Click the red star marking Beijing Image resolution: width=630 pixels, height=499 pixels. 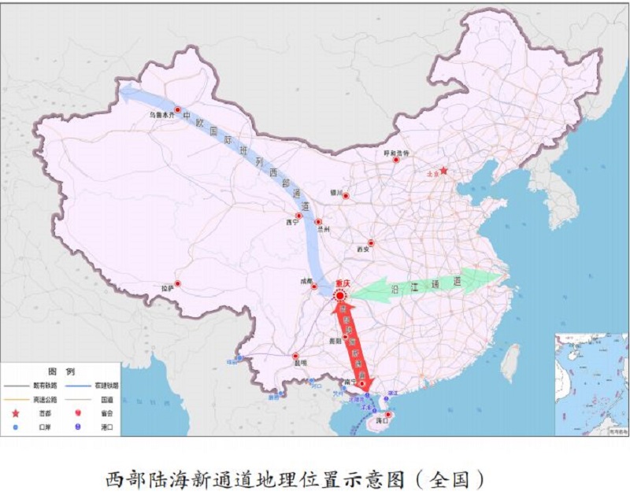[x=443, y=170]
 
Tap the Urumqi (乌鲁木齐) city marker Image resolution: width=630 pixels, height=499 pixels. [x=178, y=110]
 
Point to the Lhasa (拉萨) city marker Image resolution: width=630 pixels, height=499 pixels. [x=178, y=283]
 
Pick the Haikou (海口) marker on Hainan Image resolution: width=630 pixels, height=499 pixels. [x=387, y=414]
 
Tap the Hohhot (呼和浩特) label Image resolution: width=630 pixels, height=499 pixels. [x=397, y=153]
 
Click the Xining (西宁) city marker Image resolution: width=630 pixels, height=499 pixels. [x=298, y=216]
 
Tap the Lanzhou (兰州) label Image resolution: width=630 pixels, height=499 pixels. [x=321, y=231]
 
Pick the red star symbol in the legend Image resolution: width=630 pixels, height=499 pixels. [x=16, y=412]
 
